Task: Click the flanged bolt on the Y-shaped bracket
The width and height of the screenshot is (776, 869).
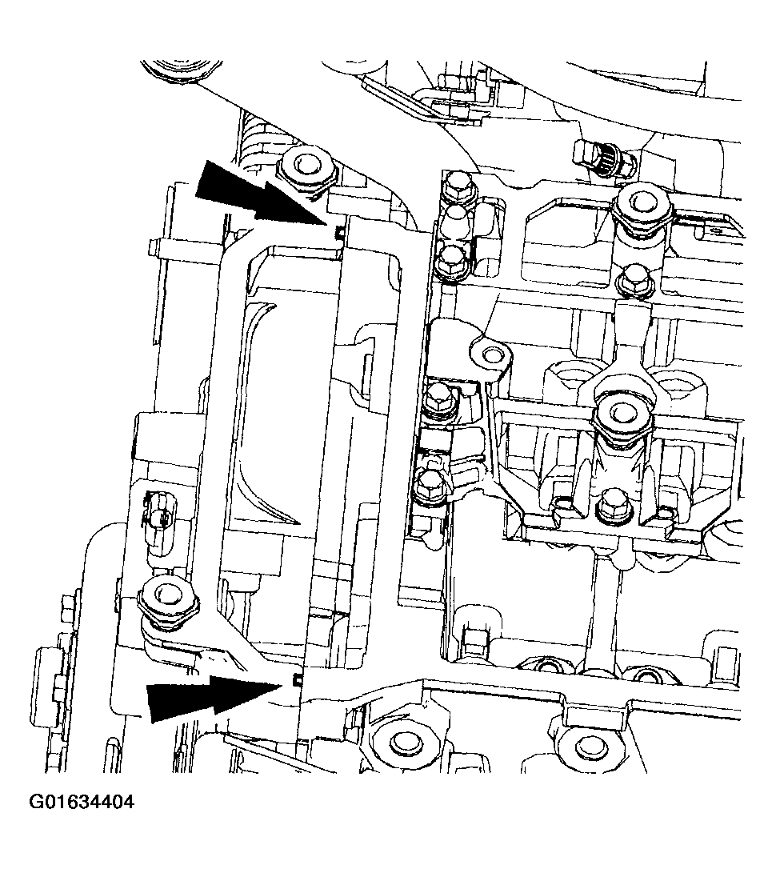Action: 622,414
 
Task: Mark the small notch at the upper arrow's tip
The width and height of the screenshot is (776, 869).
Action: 339,232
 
